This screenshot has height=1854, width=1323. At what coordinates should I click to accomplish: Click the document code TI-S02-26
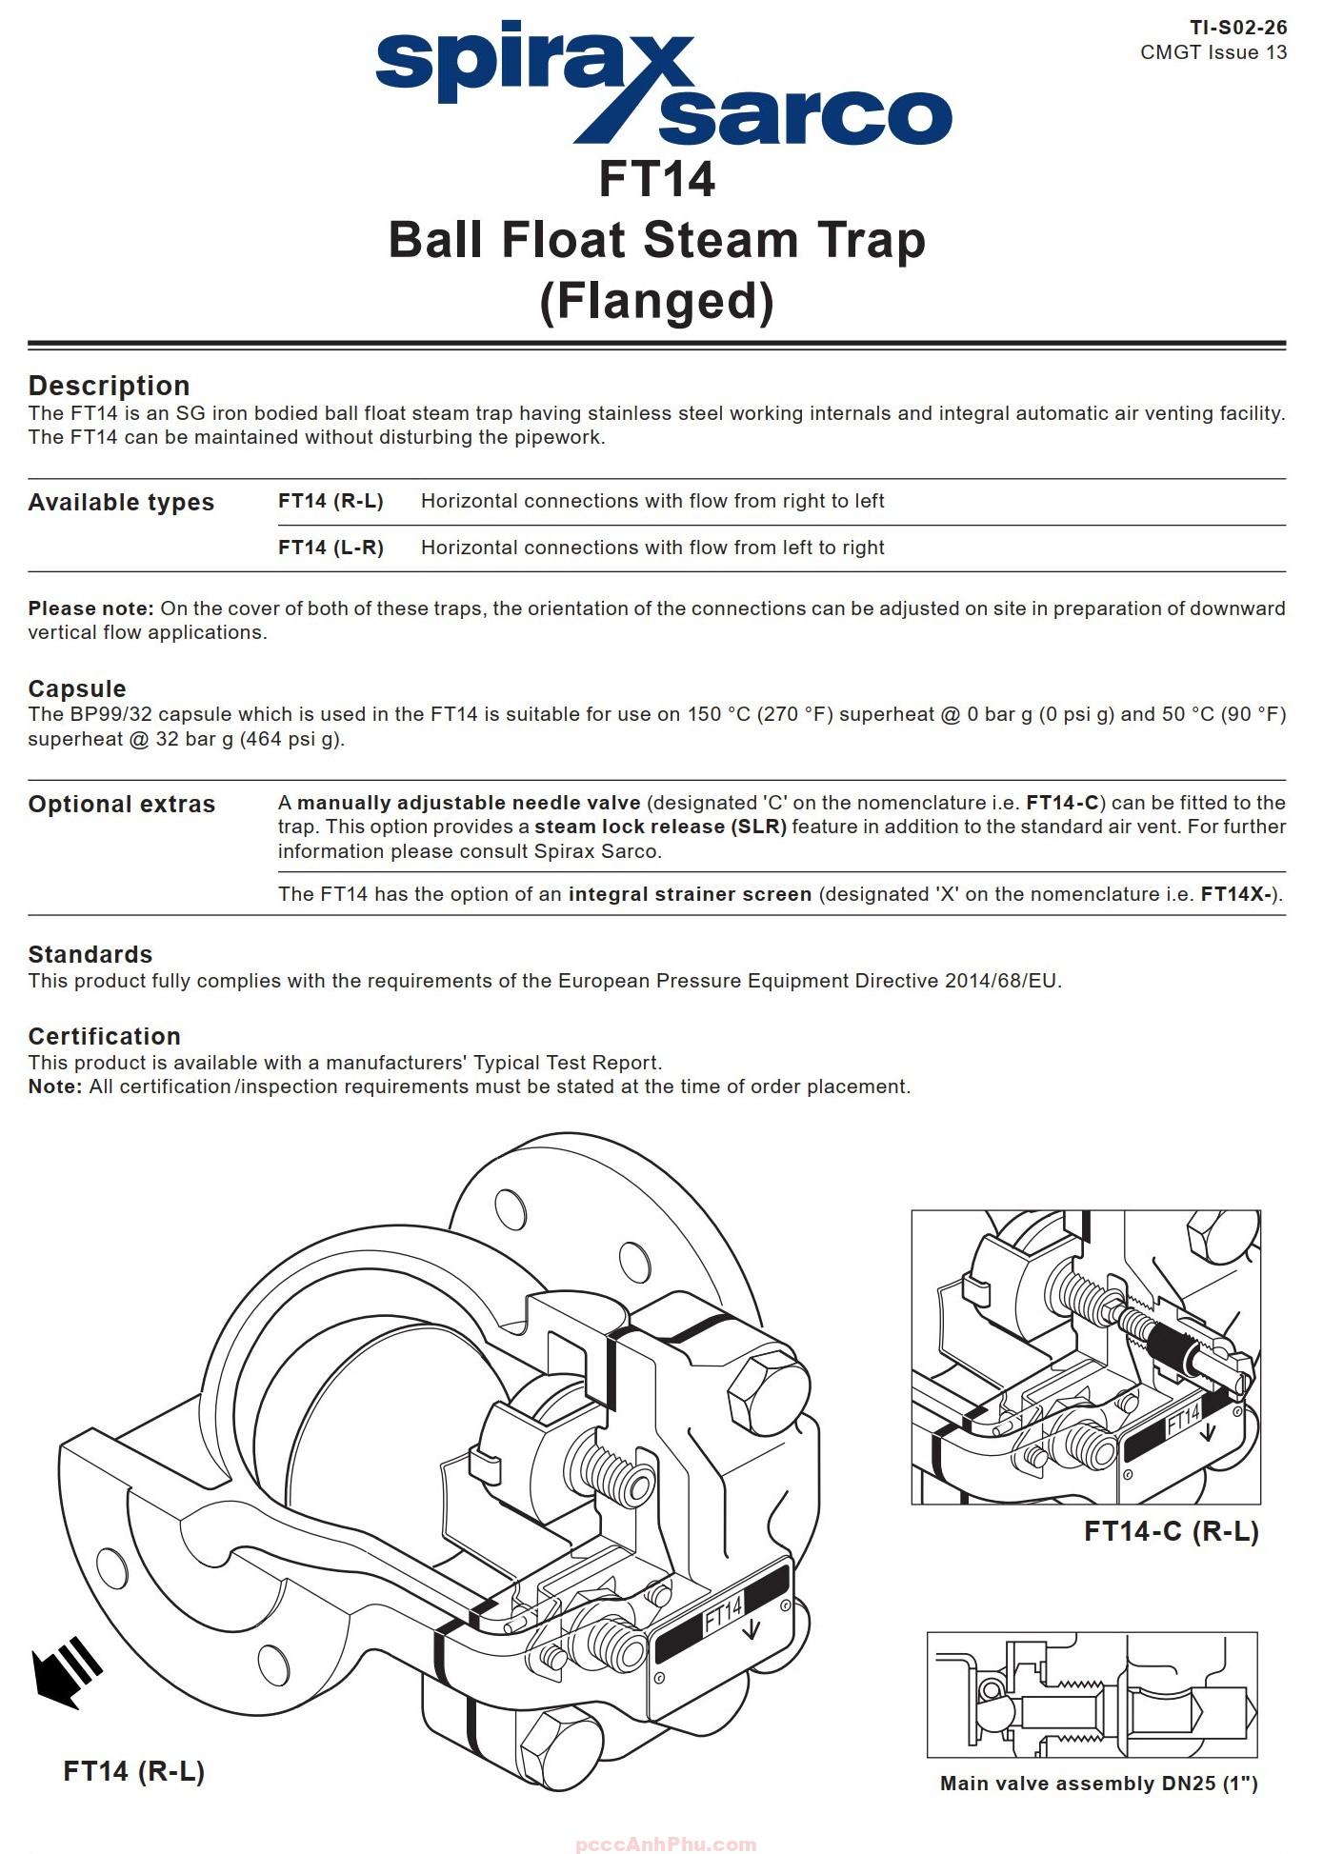pyautogui.click(x=1237, y=28)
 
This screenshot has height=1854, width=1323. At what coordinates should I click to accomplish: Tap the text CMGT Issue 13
pyautogui.click(x=1213, y=52)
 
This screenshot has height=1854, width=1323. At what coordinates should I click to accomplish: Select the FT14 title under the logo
pyautogui.click(x=656, y=179)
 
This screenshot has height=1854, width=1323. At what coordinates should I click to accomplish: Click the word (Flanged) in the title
pyautogui.click(x=656, y=301)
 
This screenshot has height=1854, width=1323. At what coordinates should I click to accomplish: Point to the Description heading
pyautogui.click(x=109, y=386)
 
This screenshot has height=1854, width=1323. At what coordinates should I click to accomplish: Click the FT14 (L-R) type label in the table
pyautogui.click(x=331, y=548)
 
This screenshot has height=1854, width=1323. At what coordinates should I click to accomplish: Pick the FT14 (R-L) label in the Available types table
pyautogui.click(x=331, y=501)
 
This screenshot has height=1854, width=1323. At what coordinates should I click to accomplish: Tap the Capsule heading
pyautogui.click(x=76, y=688)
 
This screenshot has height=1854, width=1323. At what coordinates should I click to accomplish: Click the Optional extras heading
pyautogui.click(x=122, y=805)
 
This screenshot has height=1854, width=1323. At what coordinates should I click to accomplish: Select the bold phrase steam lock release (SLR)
pyautogui.click(x=660, y=827)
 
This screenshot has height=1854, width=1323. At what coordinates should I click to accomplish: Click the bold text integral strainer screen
pyautogui.click(x=690, y=894)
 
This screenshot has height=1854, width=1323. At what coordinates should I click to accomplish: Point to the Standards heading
pyautogui.click(x=90, y=954)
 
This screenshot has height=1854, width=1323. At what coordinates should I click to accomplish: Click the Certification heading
pyautogui.click(x=104, y=1036)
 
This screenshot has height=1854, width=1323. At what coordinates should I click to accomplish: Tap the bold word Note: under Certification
pyautogui.click(x=55, y=1086)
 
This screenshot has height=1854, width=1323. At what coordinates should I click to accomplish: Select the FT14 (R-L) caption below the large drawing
pyautogui.click(x=134, y=1770)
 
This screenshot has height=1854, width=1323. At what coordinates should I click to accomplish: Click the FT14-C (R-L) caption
pyautogui.click(x=1171, y=1530)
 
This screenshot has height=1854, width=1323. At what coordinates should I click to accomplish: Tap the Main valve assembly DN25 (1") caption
pyautogui.click(x=1098, y=1783)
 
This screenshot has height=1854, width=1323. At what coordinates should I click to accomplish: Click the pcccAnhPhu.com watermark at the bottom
pyautogui.click(x=666, y=1844)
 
